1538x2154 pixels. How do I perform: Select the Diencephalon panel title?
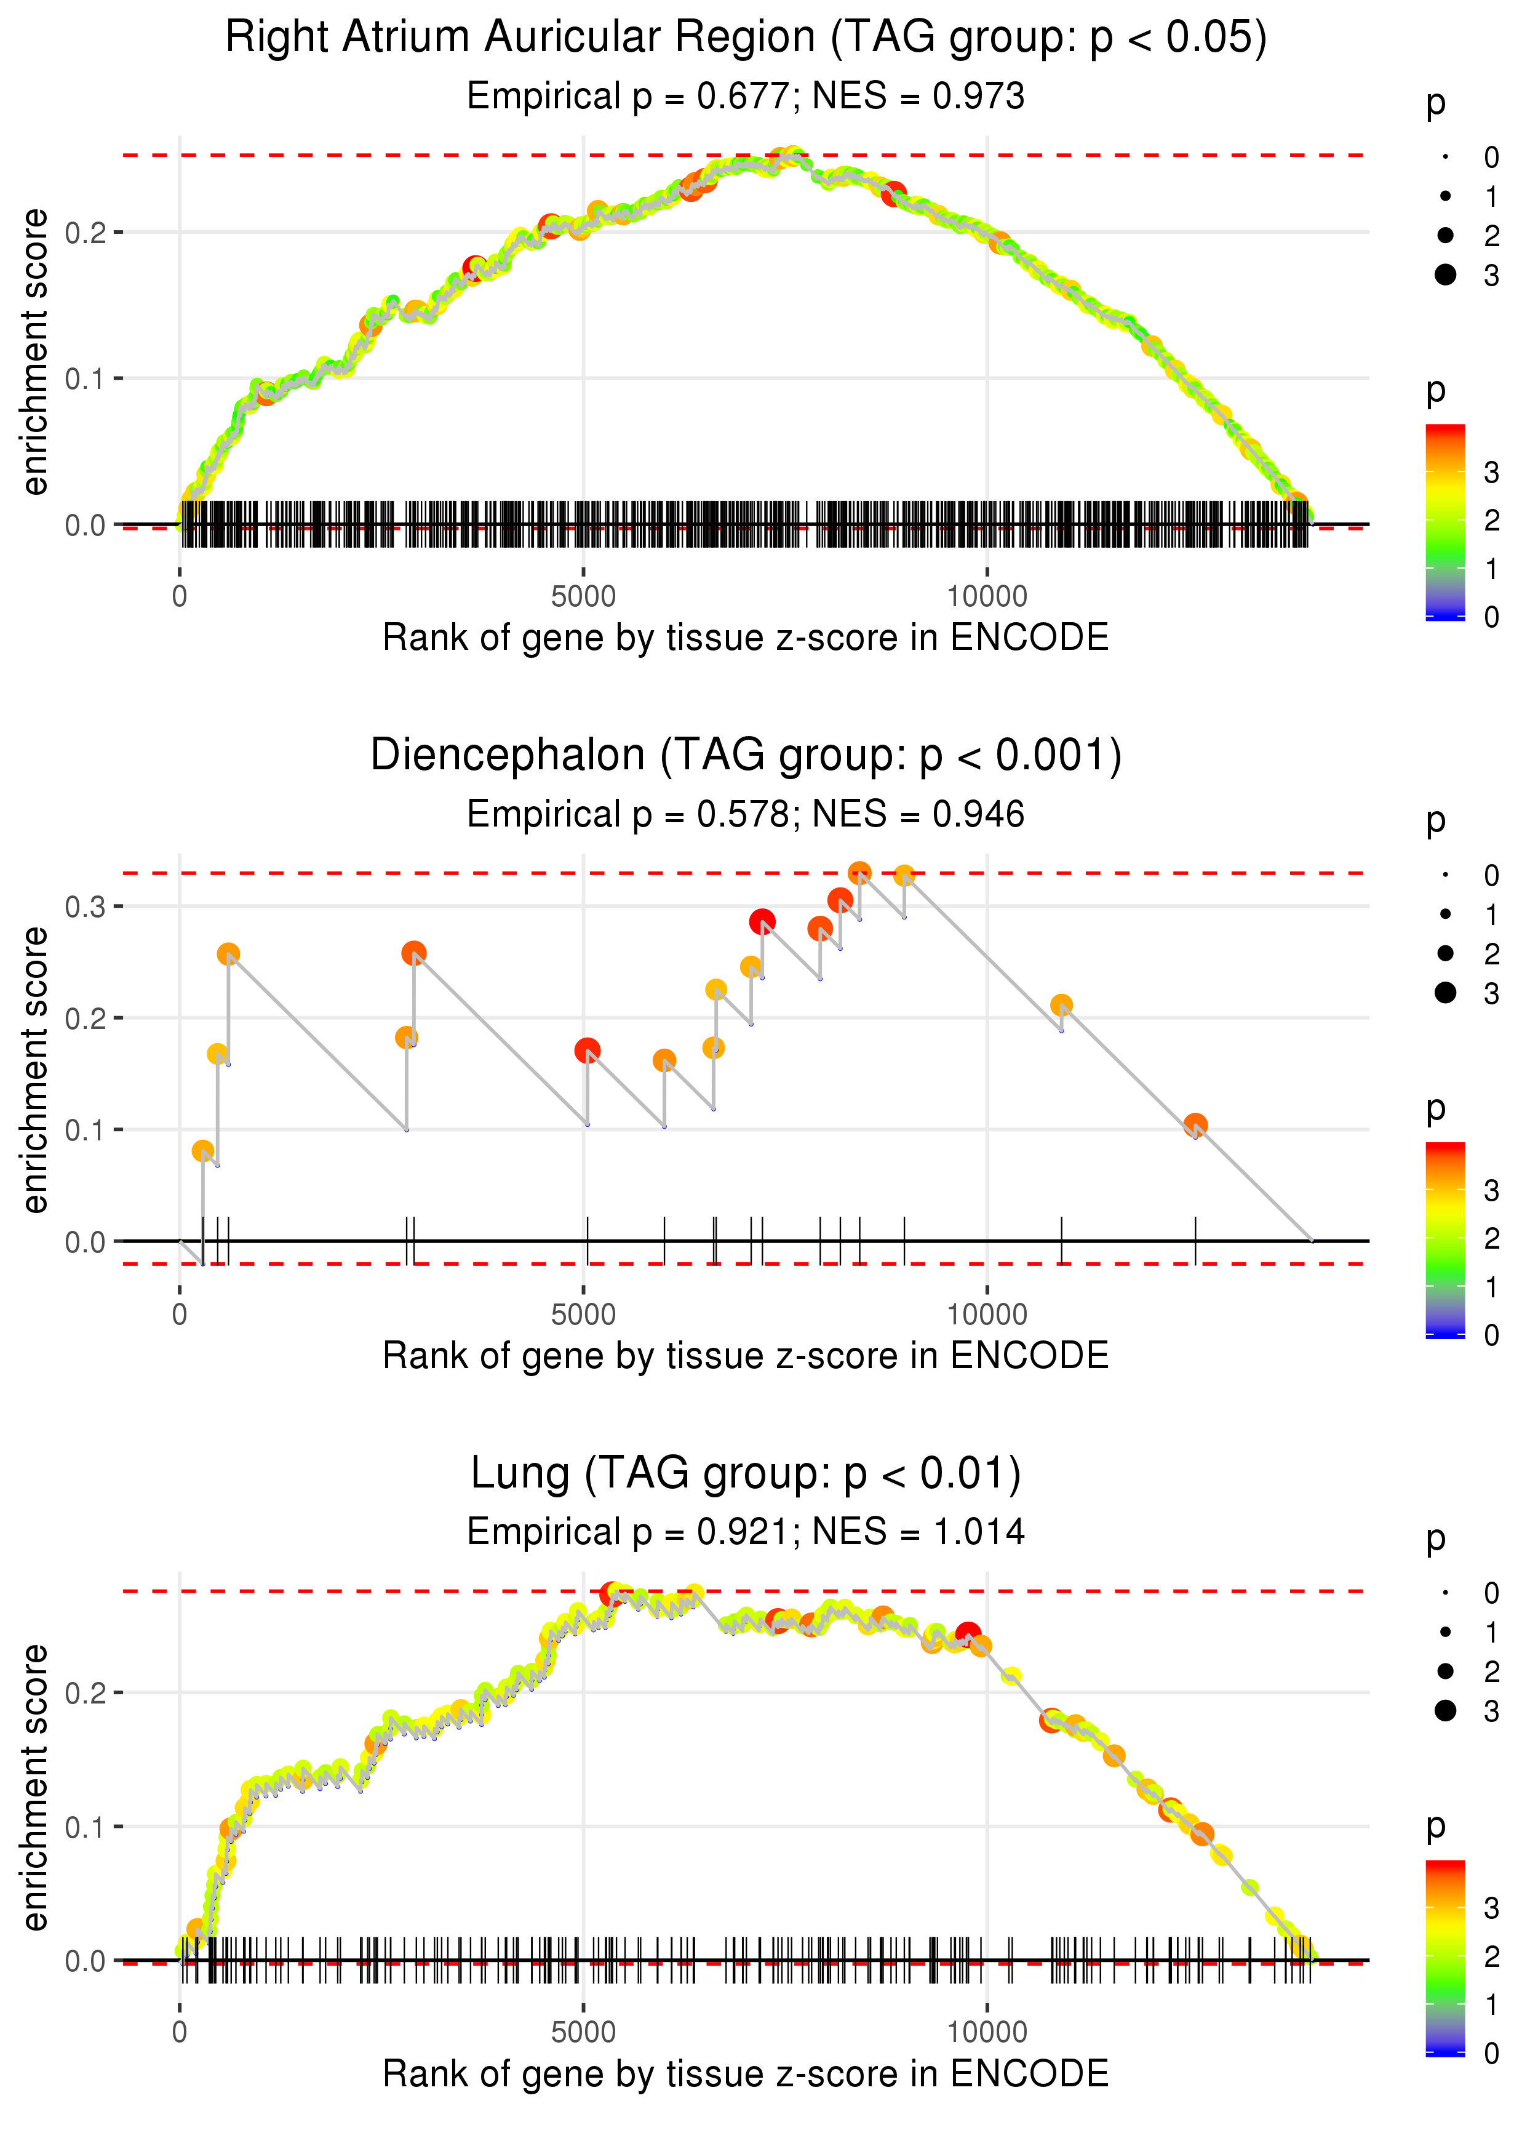[746, 756]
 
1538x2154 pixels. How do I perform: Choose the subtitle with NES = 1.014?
[746, 1532]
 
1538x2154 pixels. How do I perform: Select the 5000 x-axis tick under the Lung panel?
[583, 2032]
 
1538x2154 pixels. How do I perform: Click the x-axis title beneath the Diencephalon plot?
[746, 1356]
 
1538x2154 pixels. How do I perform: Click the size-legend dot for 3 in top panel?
[1445, 274]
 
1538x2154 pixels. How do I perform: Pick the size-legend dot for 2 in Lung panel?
[1445, 1671]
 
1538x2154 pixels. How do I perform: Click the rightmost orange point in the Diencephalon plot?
[1195, 1125]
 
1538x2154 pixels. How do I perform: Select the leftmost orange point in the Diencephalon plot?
[202, 1151]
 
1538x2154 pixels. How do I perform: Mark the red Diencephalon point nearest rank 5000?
[587, 1051]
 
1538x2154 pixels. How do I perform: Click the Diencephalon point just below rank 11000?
[1062, 1005]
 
